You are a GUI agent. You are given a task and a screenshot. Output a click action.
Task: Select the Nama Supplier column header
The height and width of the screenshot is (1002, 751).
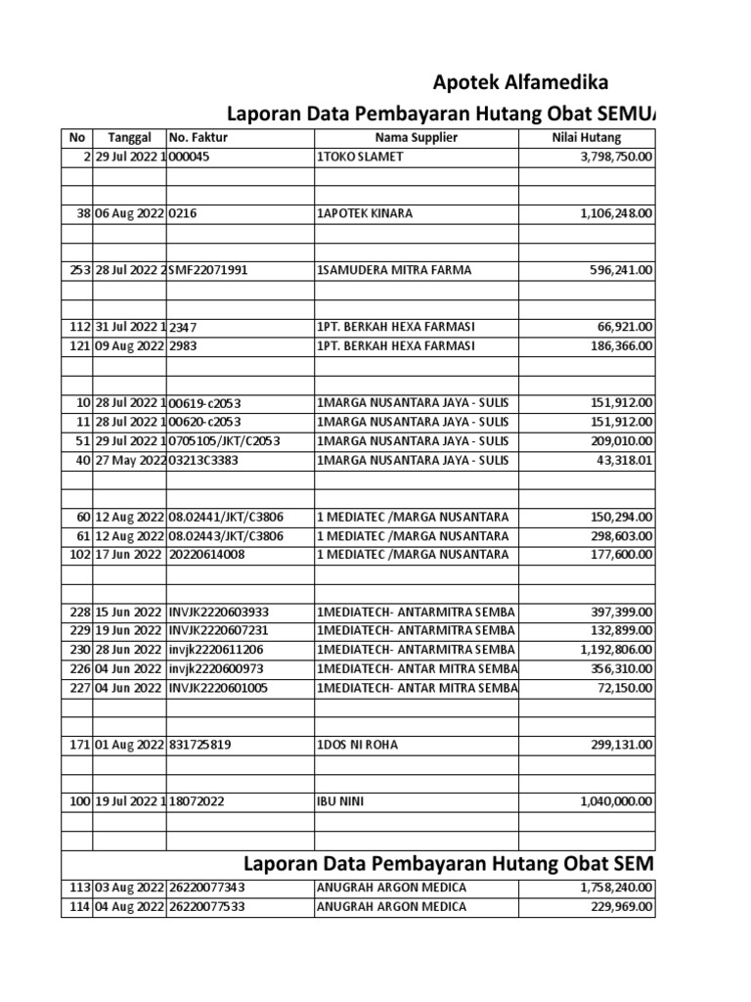[416, 138]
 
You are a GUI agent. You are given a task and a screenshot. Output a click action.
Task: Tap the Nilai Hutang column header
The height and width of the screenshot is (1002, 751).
[587, 138]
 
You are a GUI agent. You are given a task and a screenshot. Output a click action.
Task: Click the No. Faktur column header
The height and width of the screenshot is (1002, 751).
[199, 138]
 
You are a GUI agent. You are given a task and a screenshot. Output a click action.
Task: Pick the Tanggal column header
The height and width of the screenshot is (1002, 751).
[129, 138]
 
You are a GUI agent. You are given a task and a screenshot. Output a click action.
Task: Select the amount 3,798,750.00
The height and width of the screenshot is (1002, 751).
[607, 157]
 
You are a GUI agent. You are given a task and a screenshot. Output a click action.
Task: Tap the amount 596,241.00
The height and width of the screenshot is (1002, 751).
[617, 269]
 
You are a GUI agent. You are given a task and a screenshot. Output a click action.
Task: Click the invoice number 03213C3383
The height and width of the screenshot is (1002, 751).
[204, 460]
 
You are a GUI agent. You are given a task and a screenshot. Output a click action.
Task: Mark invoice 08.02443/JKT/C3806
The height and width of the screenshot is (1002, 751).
[226, 535]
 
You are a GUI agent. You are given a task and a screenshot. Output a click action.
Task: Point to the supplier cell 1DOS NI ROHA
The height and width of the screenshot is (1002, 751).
[357, 744]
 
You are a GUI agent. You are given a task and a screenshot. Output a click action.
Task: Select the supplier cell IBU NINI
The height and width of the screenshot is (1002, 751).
[337, 800]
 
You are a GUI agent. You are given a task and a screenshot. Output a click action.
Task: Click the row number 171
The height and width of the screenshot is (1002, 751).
[78, 744]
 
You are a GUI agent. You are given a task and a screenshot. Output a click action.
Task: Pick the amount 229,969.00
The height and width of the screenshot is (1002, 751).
[617, 906]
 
